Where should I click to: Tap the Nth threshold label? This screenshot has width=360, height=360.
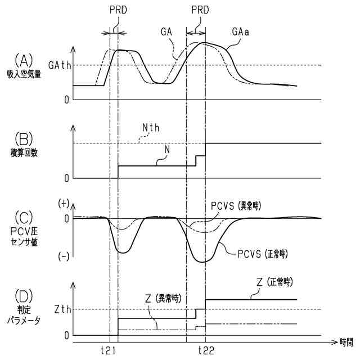click(x=151, y=128)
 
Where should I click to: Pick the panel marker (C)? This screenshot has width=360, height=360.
click(x=24, y=216)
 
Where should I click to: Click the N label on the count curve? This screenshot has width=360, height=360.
click(x=168, y=151)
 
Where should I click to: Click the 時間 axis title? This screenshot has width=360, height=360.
click(x=343, y=341)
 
